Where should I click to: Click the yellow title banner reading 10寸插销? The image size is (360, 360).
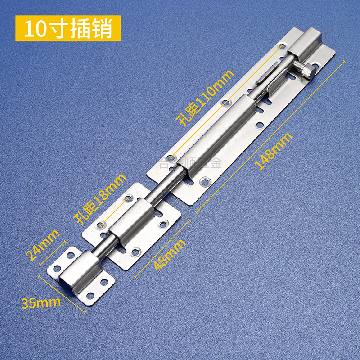[68, 28]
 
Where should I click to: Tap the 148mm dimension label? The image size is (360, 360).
[273, 151]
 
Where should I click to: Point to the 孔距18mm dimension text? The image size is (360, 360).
[100, 198]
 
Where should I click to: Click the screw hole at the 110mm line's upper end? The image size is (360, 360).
[282, 45]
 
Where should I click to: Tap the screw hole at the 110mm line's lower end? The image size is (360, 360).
[171, 158]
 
